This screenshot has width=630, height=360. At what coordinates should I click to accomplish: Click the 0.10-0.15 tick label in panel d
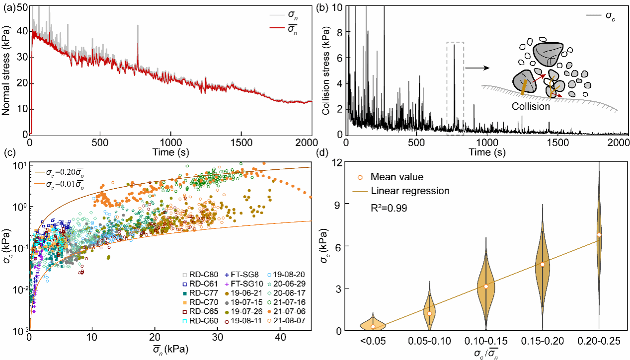(x=486, y=342)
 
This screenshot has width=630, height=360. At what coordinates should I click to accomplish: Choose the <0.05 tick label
(x=373, y=342)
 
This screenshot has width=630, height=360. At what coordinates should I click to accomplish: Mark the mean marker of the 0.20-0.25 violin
(x=599, y=235)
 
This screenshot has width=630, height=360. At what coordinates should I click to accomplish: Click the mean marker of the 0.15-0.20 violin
(x=543, y=264)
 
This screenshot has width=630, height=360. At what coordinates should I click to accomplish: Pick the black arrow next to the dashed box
(x=478, y=68)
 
